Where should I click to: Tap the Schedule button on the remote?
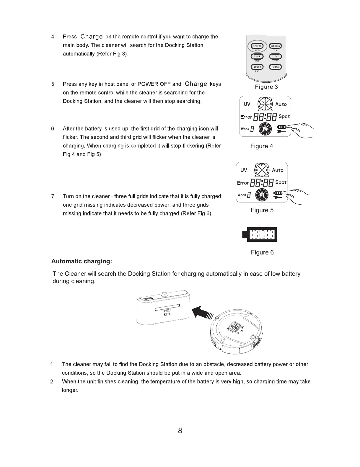pos(275,46)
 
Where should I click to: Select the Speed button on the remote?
pos(257,67)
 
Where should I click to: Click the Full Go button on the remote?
pos(275,67)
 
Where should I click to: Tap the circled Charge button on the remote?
pos(257,46)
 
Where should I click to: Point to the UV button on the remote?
pos(275,56)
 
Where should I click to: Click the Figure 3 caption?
pos(266,87)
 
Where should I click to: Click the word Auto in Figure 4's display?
pos(281,104)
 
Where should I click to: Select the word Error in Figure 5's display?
pos(243,183)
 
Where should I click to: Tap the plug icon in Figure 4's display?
pos(281,132)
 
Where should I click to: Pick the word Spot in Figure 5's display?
pos(281,182)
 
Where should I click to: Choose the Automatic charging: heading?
pos(82,261)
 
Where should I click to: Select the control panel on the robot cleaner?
pos(236,327)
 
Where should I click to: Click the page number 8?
pos(180,431)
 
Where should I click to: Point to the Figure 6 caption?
pos(262,252)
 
